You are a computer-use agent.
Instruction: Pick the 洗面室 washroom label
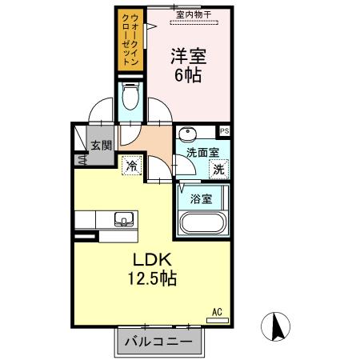pos(202,153)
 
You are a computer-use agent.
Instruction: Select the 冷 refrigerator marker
pos(131,166)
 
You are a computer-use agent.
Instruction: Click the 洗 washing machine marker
pos(218,168)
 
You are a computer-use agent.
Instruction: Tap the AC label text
pos(216,311)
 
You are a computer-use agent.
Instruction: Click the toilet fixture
pos(130,98)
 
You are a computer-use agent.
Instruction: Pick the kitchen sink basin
pos(125,218)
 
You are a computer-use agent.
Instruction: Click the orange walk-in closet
pos(129,40)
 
